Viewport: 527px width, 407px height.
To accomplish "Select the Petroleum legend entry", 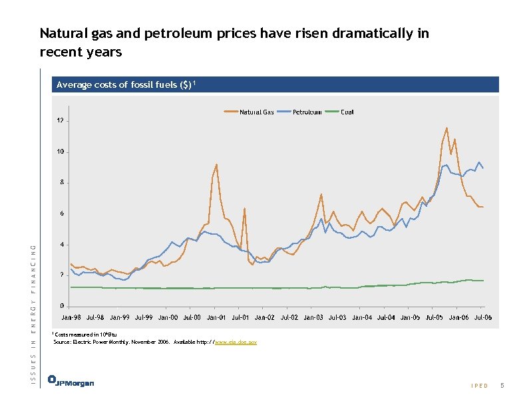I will (307, 112).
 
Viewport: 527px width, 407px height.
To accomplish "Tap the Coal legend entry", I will (347, 112).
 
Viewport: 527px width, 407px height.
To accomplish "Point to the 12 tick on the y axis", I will (60, 121).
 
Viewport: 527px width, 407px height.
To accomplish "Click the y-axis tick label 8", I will (61, 182).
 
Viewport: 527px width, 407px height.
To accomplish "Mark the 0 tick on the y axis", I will (61, 306).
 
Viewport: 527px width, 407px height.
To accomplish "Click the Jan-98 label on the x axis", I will (73, 318).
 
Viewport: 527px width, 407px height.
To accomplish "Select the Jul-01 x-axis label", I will (240, 318).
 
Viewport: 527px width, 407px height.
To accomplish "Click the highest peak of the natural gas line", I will (446, 128).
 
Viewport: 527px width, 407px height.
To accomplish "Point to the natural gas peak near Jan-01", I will (217, 164).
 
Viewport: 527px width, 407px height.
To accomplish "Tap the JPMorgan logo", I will (71, 382).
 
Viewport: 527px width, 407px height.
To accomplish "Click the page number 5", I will (503, 386).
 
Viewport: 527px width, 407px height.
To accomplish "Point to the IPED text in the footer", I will (479, 386).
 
